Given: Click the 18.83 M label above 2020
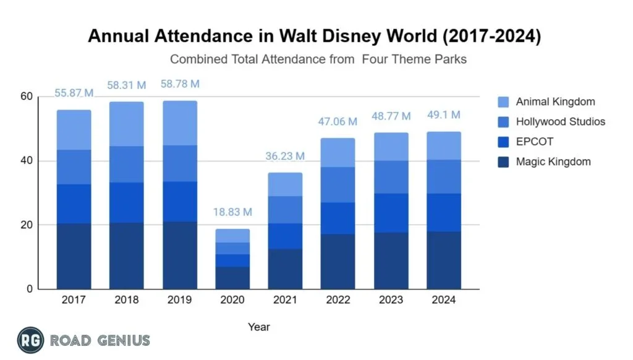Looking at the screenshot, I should coord(232,212).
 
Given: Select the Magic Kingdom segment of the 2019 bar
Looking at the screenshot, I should coord(179,255).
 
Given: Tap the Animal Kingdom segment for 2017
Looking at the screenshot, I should coord(74,130).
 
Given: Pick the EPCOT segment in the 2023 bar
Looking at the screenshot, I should coord(391,213).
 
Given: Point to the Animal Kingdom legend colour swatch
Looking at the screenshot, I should coord(503,101).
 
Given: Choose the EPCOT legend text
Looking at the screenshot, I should coord(534,142).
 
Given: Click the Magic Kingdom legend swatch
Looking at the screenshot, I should coord(503,162).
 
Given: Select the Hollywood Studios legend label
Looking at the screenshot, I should coord(560,122).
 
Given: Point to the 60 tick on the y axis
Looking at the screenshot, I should coord(26,96).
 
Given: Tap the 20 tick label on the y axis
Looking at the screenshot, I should coord(26,225).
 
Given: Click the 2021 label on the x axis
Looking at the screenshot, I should coord(285,300).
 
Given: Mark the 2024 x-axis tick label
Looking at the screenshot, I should coord(444,300).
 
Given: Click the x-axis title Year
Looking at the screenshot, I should coord(258,327).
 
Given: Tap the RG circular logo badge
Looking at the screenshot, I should coord(30,340).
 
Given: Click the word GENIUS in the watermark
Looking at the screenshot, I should coord(124,340).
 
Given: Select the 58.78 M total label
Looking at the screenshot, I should coord(179,84).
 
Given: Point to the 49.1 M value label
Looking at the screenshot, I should coord(444,115).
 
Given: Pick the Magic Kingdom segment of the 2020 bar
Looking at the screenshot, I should coord(232,278).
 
